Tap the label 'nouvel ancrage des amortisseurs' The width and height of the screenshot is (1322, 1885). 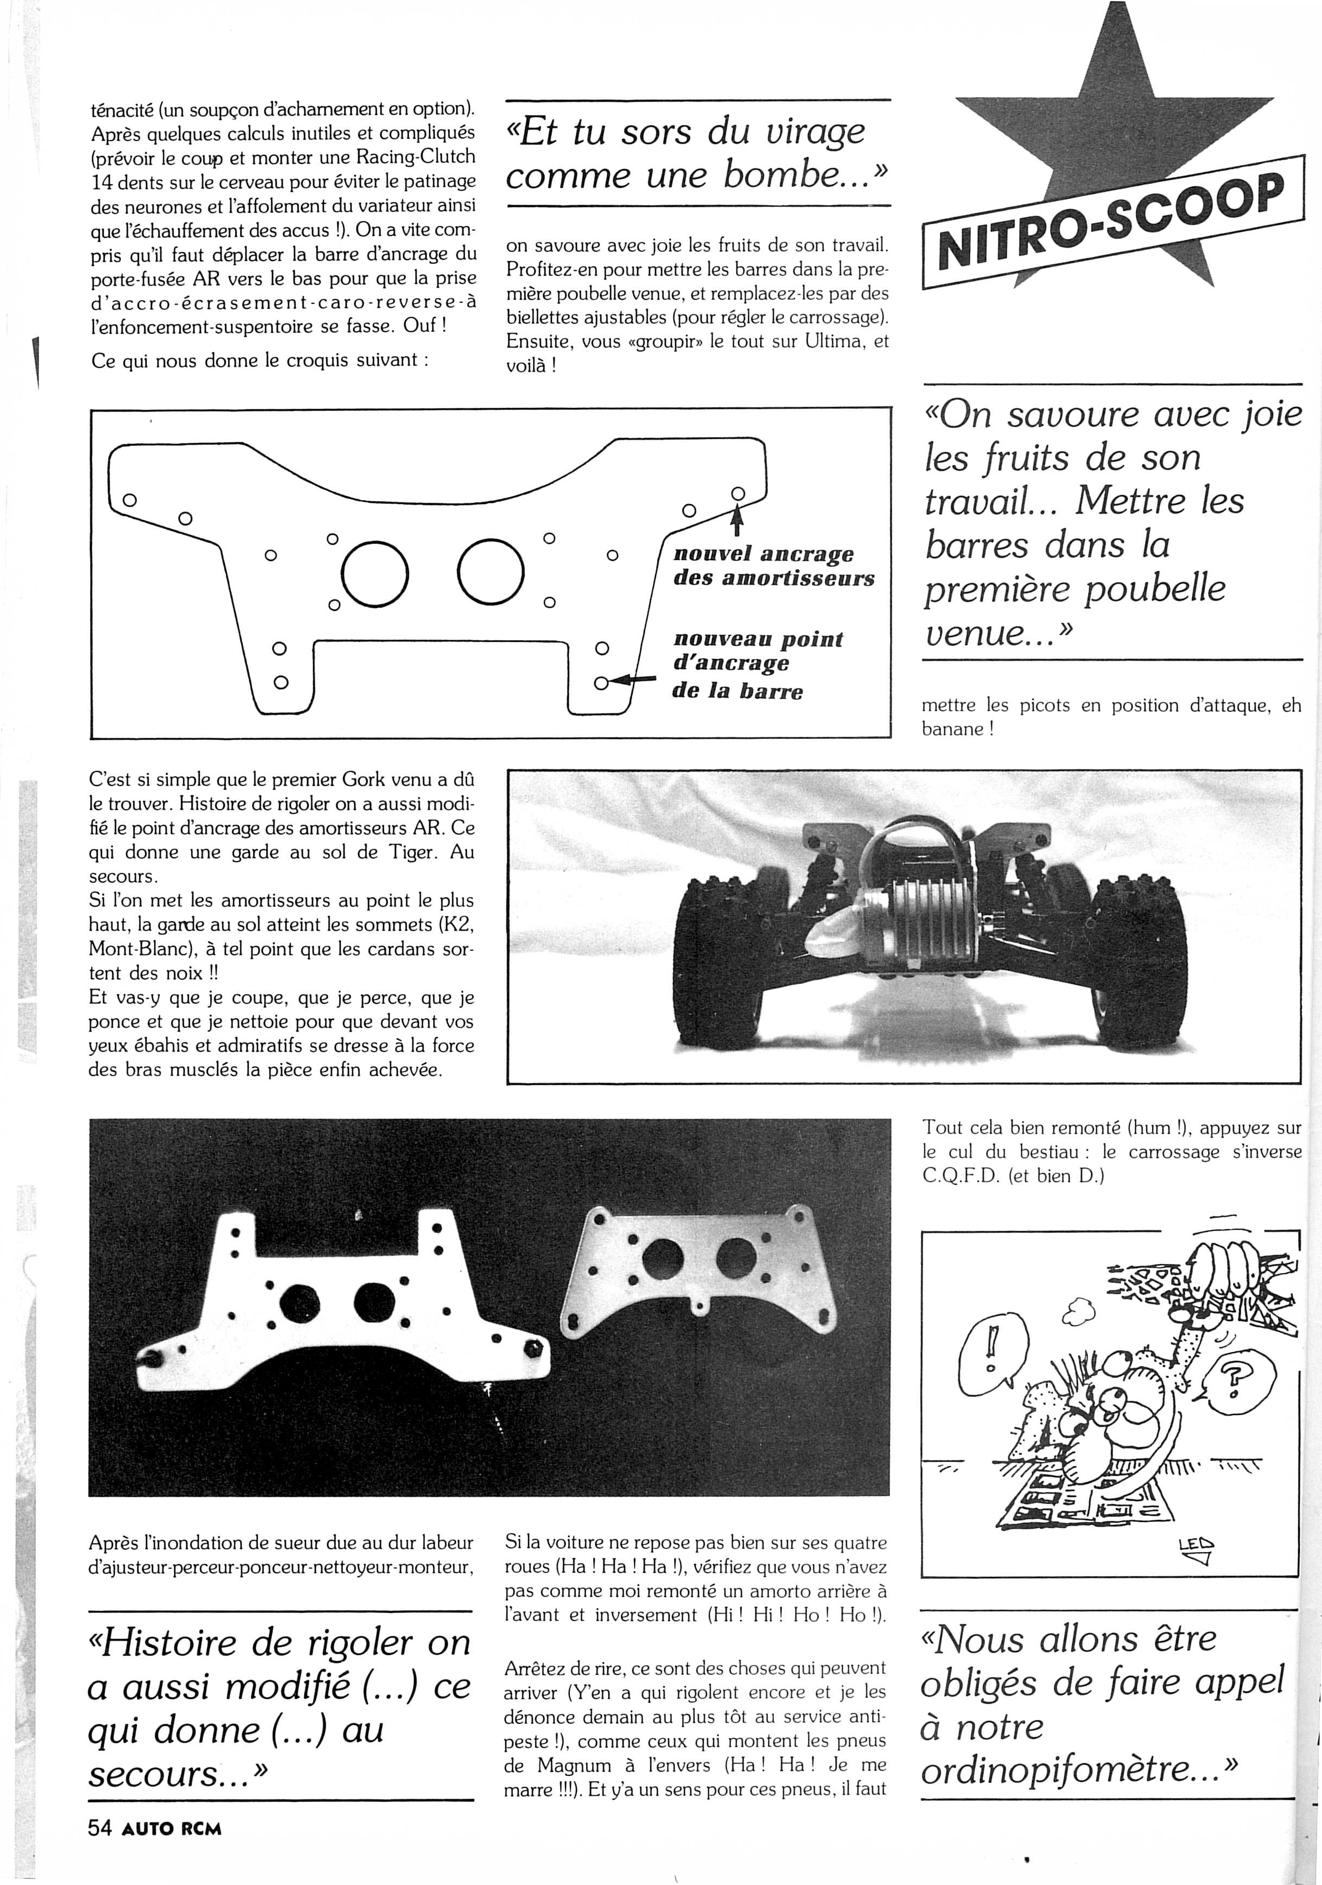pyautogui.click(x=773, y=566)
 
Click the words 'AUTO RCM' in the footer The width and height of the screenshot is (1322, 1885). pyautogui.click(x=171, y=1829)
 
